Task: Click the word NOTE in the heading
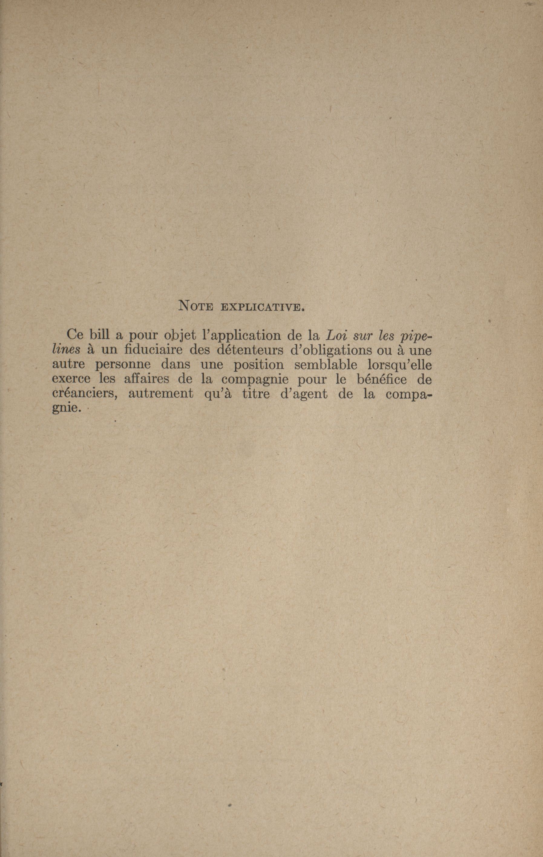pyautogui.click(x=195, y=306)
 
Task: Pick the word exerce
pyautogui.click(x=72, y=380)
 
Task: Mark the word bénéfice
pyautogui.click(x=381, y=380)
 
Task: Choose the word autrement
pyautogui.click(x=158, y=394)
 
